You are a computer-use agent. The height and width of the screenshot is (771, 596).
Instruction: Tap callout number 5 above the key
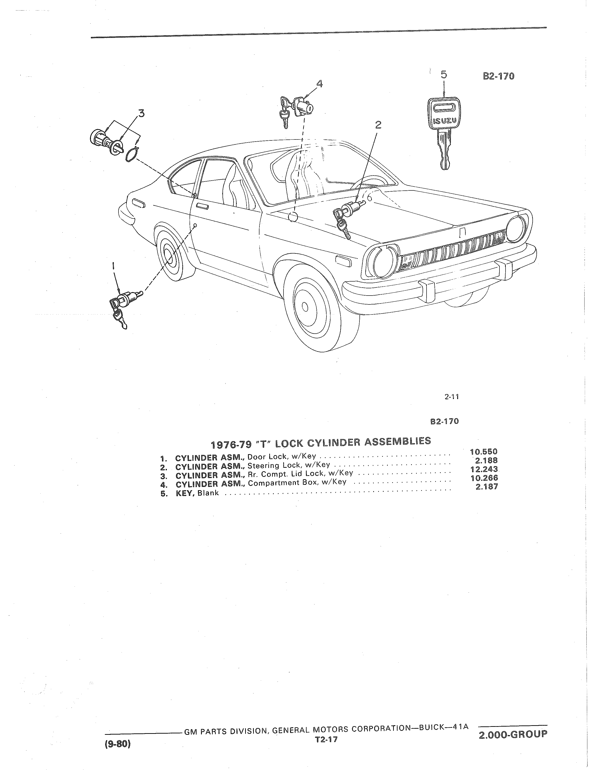[x=444, y=75]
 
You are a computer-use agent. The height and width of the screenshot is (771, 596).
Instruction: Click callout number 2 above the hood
[x=378, y=124]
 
